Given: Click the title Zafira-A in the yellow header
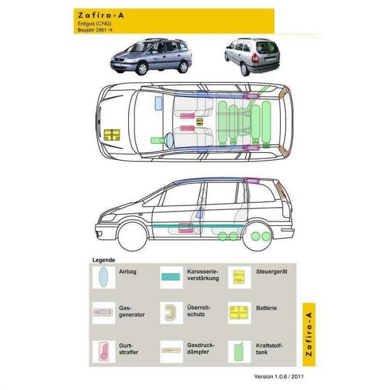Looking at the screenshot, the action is tap(101, 16).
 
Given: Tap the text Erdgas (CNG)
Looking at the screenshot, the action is tap(95, 23).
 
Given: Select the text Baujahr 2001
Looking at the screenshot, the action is tap(92, 30).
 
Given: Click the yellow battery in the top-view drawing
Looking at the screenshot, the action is tap(111, 135).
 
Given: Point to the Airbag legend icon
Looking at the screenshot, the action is tap(104, 277).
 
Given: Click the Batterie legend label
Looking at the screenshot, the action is tap(266, 308).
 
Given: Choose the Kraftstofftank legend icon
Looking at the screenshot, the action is tap(239, 352).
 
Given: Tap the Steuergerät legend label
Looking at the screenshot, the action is tap(272, 271).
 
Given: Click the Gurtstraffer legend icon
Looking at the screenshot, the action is tap(104, 351).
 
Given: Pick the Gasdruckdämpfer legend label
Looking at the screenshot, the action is tap(201, 348).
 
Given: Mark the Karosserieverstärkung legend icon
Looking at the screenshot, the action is tap(170, 277).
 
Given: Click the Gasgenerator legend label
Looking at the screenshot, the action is tap(131, 311).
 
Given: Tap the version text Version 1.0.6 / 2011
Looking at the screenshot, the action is tap(279, 376).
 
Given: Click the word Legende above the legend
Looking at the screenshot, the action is tap(104, 260).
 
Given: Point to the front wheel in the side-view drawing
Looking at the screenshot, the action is tap(132, 237).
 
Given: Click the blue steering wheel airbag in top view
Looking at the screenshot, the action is tap(169, 140).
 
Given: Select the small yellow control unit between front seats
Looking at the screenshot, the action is tap(199, 122).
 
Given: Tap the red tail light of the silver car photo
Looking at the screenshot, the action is tap(255, 58).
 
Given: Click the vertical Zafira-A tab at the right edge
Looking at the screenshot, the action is tap(309, 334).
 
